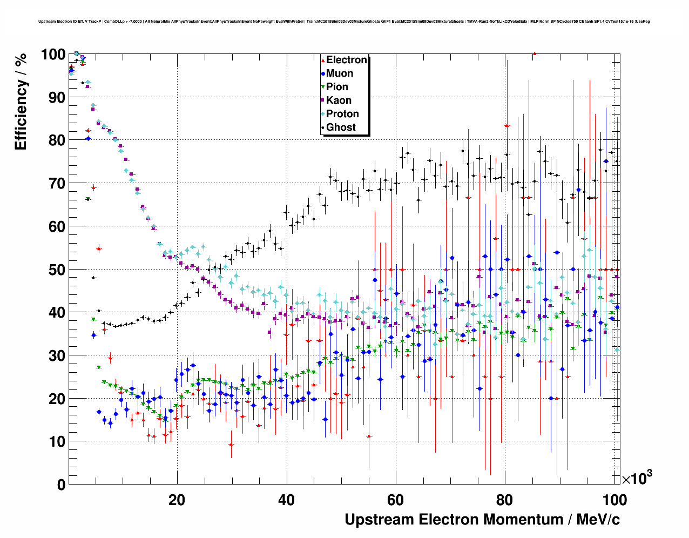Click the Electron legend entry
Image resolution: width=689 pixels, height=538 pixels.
346,60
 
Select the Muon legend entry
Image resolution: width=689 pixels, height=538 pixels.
340,73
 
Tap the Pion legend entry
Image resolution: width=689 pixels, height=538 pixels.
337,87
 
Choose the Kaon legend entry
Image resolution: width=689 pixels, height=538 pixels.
339,100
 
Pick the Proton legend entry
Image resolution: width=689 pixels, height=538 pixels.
342,114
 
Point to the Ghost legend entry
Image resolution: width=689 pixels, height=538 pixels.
341,127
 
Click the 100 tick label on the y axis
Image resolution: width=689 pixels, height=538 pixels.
53,55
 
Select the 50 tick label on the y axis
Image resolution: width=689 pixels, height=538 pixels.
57,270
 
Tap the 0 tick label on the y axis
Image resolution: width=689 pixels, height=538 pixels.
61,485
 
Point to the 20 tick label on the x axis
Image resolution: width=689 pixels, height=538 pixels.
177,500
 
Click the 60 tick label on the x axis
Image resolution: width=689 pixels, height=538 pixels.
396,500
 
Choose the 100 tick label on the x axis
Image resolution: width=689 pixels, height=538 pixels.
614,500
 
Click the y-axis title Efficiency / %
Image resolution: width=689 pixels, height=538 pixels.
21,102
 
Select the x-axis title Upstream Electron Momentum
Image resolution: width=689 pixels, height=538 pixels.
482,520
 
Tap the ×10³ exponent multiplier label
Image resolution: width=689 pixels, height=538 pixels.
637,478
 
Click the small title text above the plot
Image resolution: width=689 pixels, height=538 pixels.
344,22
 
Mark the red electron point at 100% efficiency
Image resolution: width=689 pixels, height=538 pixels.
534,53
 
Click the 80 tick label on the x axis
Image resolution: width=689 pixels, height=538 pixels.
505,500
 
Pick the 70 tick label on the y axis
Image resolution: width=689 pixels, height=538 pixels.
57,184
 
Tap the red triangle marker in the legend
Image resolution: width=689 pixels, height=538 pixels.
323,60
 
